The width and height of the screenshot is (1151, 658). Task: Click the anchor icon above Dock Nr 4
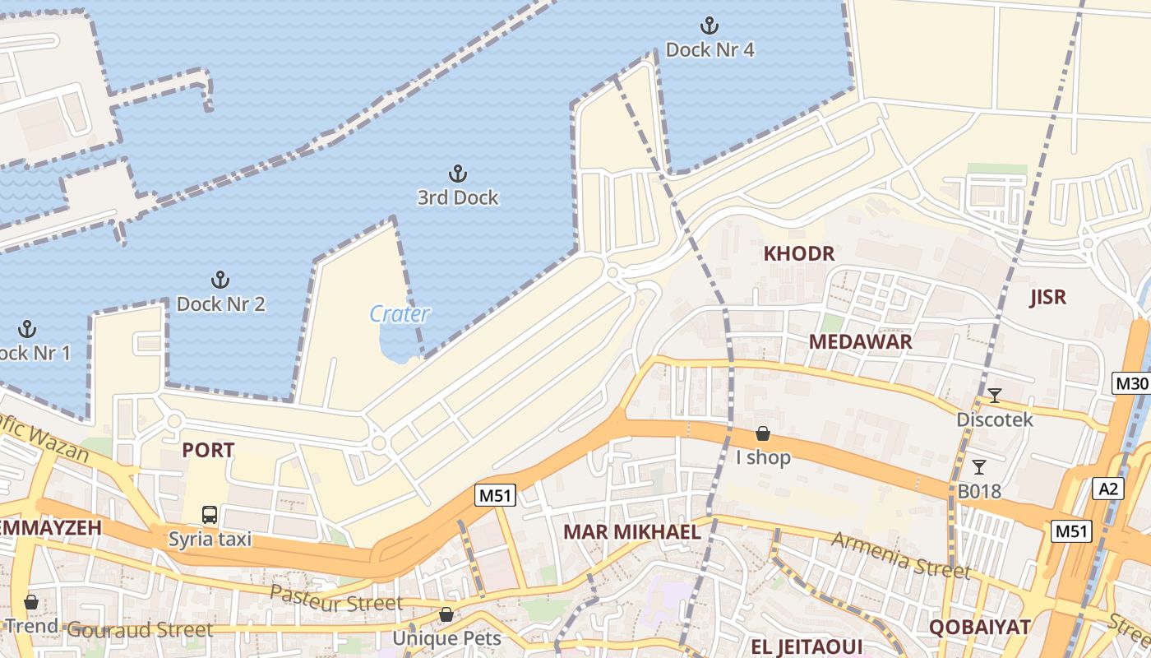coord(709,25)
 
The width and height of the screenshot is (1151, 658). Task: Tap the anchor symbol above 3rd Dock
coord(457,174)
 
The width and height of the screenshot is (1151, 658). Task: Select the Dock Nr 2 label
coord(220,304)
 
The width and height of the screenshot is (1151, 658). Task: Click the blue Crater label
coord(400,313)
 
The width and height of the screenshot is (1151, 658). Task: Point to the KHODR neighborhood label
coord(799,253)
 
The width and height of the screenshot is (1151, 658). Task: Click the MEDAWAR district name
coord(860,342)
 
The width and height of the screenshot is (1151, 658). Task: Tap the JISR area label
coord(1047,297)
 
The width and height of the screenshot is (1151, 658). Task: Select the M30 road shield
coord(1130,383)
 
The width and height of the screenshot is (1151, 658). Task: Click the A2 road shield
coord(1108,489)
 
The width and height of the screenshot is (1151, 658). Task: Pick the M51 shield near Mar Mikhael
coord(495,495)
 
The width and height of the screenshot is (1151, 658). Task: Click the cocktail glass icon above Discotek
coord(994,396)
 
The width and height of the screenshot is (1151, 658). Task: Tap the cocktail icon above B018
coord(978,467)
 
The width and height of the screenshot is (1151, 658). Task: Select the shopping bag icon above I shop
coord(763,433)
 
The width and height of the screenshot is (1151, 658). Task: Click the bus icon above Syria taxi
coord(210,515)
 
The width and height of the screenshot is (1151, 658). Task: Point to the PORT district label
coord(208,450)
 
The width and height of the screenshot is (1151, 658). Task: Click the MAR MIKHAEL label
coord(631,531)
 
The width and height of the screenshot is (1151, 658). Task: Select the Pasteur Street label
coord(337,599)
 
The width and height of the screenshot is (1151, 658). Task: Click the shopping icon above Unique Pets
coord(446,614)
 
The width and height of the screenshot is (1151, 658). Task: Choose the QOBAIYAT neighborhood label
coord(979,627)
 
